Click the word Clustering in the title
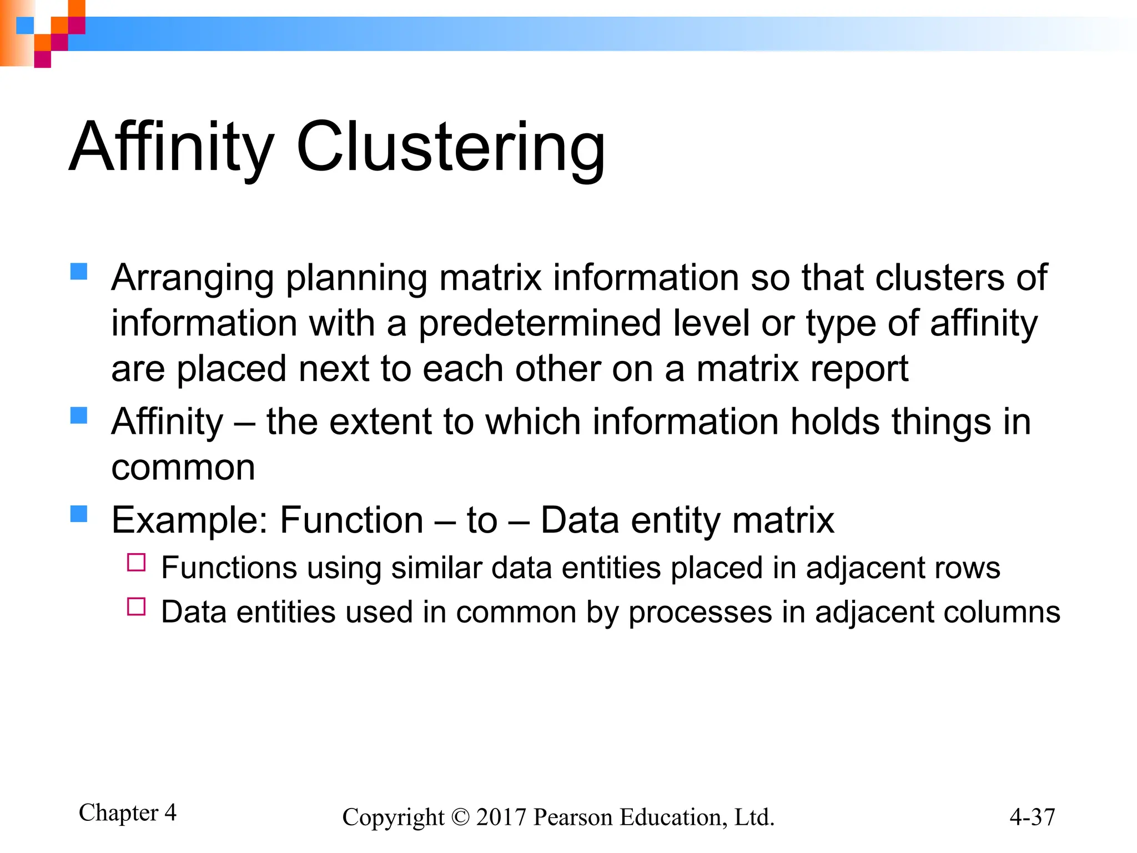[450, 147]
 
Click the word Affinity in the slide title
[172, 147]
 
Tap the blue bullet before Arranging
[79, 272]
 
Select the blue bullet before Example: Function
[79, 514]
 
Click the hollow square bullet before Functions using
[136, 563]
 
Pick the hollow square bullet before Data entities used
[136, 606]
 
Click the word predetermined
[539, 323]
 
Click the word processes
[700, 613]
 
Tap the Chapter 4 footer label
[128, 812]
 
